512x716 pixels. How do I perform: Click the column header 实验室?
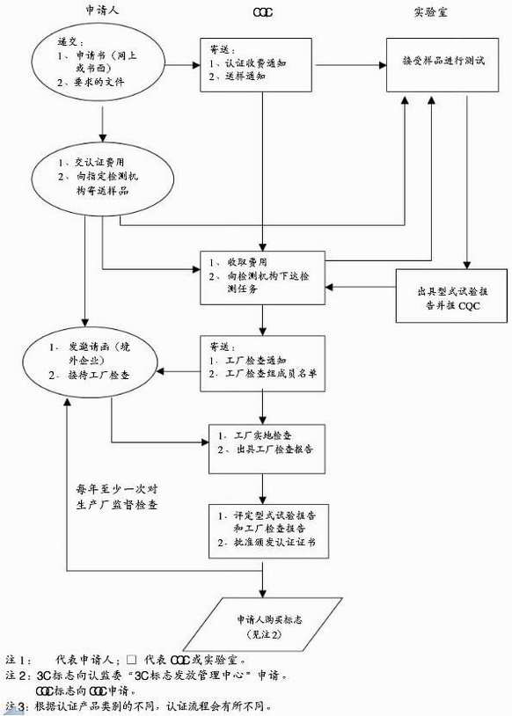coord(430,11)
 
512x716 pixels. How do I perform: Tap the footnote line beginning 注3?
coord(141,706)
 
